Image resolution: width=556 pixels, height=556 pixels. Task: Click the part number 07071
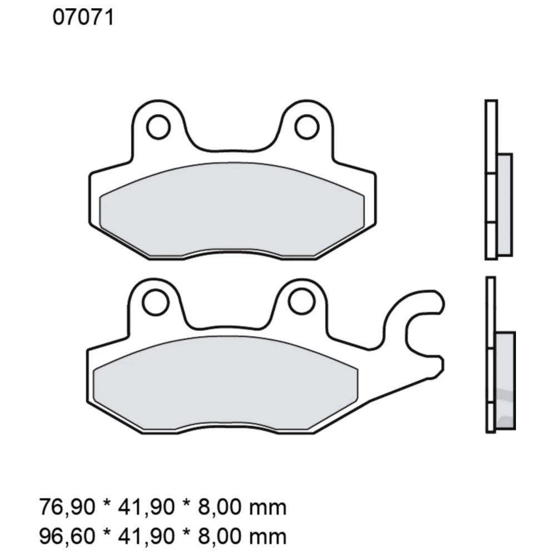[x=83, y=18]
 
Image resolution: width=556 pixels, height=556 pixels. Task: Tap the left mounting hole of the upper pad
[x=158, y=127]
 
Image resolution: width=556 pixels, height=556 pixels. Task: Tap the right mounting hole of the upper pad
[x=306, y=127]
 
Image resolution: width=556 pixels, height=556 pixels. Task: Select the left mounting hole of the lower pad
[x=155, y=302]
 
